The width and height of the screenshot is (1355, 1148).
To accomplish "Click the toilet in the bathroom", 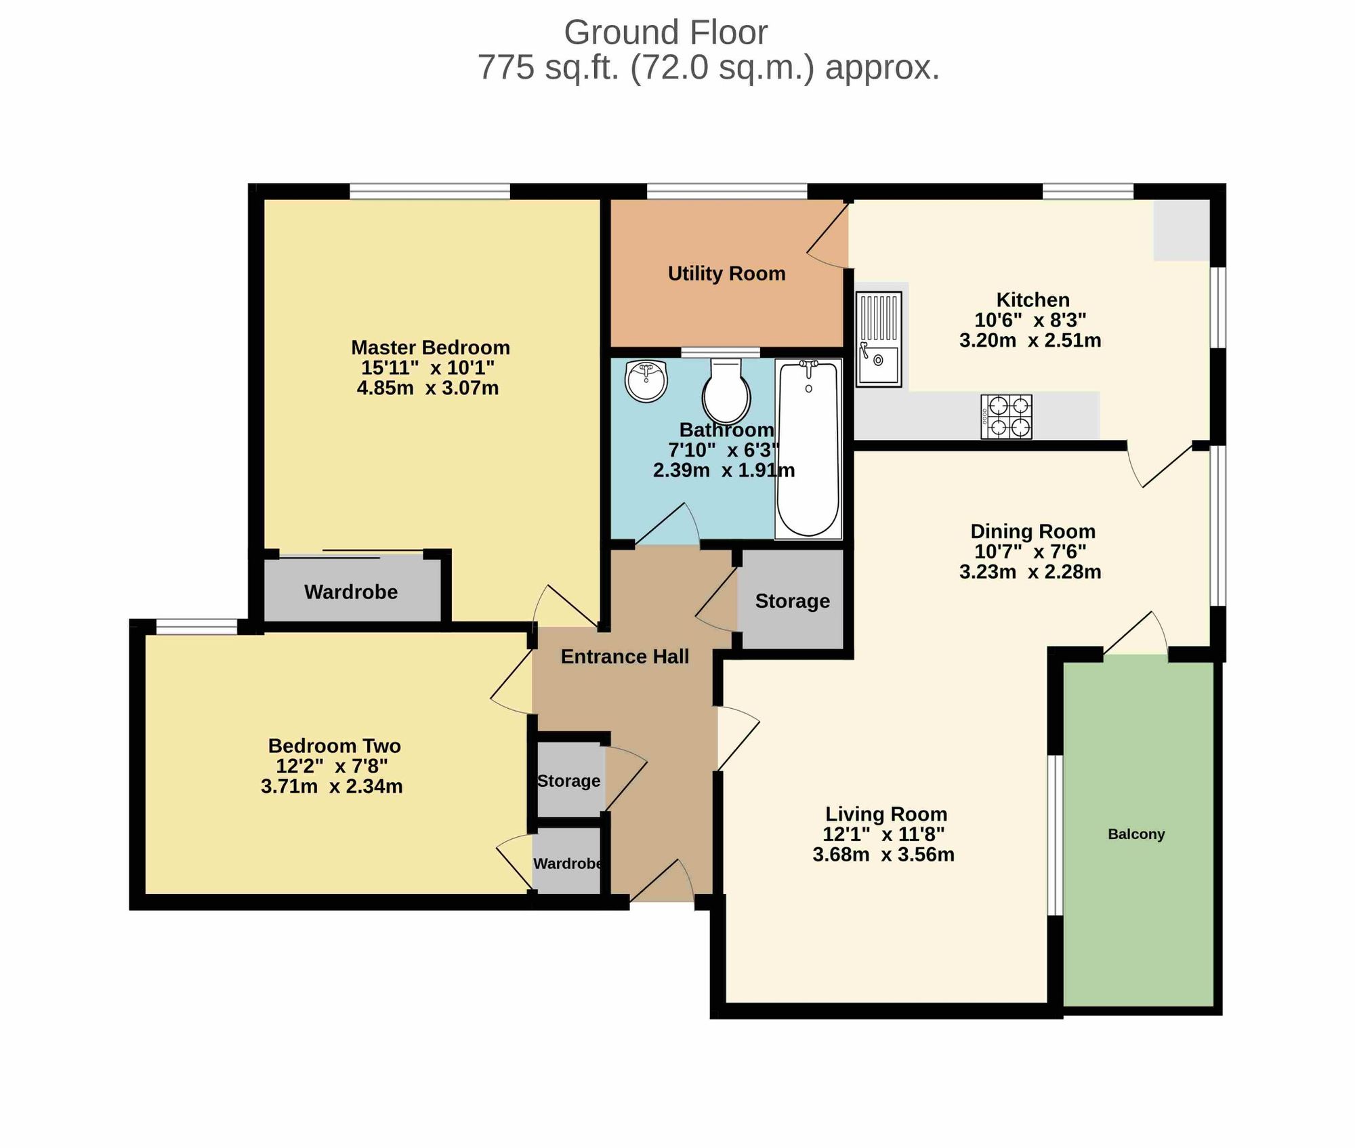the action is click(x=726, y=392).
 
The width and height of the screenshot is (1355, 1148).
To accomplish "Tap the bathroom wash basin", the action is click(x=646, y=381).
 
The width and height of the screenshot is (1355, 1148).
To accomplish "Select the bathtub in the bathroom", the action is click(x=808, y=449).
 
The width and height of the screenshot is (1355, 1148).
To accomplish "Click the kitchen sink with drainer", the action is click(x=879, y=339).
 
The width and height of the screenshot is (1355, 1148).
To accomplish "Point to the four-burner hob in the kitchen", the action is click(x=1006, y=417).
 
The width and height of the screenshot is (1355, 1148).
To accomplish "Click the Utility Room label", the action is click(x=727, y=274).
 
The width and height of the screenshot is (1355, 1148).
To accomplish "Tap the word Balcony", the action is click(x=1136, y=834).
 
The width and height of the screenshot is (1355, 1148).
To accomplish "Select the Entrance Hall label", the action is click(x=625, y=657).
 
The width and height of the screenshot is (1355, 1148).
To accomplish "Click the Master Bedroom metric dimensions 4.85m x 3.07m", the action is click(x=428, y=388).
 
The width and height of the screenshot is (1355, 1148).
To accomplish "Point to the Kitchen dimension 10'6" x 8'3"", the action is click(x=1030, y=320).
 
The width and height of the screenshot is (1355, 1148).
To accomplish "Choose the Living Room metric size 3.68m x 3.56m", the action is click(x=883, y=855).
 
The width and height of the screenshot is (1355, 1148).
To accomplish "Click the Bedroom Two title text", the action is click(x=335, y=746).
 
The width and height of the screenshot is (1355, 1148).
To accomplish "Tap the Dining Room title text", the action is click(x=1033, y=531).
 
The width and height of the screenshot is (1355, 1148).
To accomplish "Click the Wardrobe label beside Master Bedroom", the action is click(x=351, y=592).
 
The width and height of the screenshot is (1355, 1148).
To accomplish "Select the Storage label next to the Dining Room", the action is click(x=793, y=601).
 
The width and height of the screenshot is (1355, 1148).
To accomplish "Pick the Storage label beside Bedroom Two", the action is click(x=568, y=781).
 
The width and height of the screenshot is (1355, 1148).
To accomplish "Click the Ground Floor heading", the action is click(x=666, y=33).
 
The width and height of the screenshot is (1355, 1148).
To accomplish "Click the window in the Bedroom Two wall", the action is click(x=196, y=627).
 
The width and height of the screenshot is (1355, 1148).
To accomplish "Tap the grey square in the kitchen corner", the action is click(x=1182, y=230).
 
